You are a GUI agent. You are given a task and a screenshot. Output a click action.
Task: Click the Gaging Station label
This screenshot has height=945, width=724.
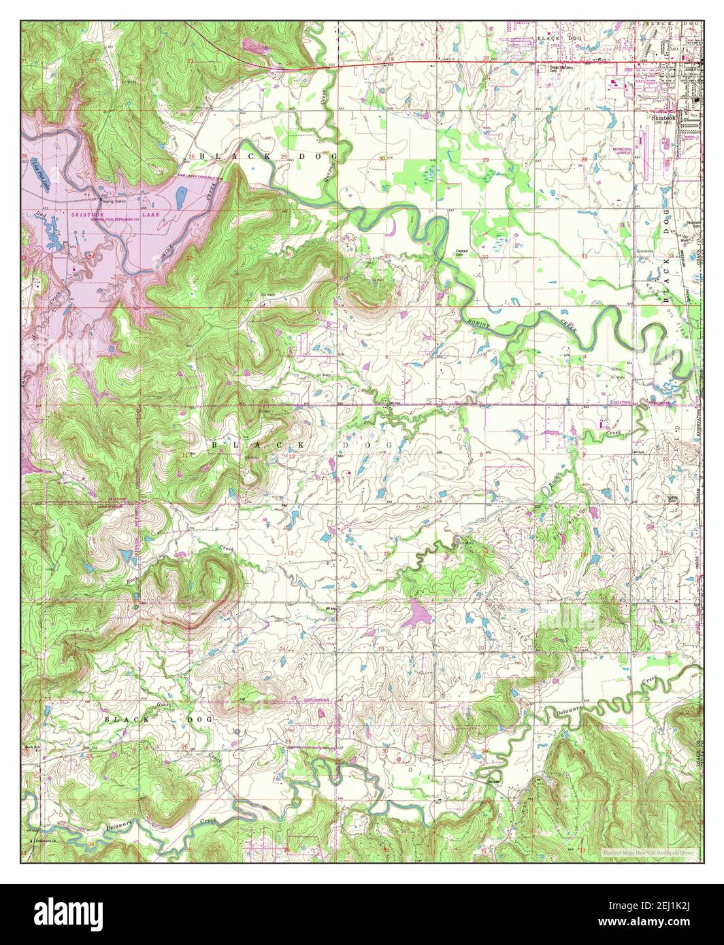pos(112,202)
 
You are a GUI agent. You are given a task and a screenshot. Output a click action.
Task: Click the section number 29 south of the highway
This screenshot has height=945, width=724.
pos(485,159)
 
